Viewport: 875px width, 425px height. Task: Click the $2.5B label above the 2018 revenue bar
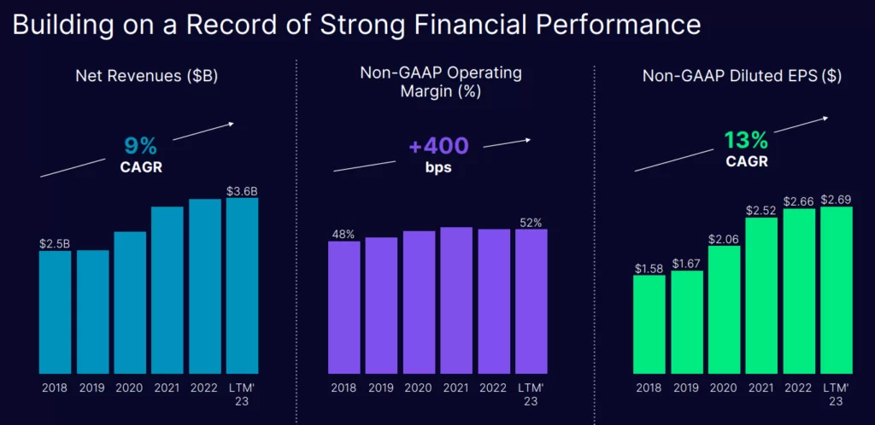coord(55,243)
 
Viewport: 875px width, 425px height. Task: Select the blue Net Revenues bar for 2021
coord(167,290)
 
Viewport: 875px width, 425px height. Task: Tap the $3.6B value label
coord(243,191)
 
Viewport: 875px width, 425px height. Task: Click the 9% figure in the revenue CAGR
coord(142,146)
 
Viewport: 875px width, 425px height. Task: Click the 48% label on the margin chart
coord(344,233)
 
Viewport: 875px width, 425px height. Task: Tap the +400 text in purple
coord(438,146)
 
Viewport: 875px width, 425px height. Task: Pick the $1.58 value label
coord(649,269)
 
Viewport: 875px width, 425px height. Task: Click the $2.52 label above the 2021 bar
coord(762,210)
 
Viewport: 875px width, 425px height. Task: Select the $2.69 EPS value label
coord(837,200)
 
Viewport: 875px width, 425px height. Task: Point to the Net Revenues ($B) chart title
coord(146,76)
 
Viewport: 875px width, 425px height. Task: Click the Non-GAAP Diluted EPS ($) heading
coord(742,76)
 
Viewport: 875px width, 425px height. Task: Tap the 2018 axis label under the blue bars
coord(56,387)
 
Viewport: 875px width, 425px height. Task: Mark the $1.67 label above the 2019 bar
coord(687,264)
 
